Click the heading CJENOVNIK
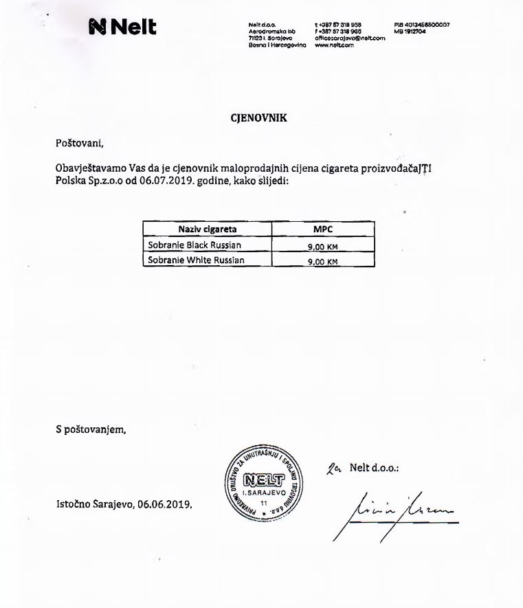[258, 117]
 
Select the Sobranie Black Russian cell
[195, 245]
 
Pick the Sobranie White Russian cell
[196, 260]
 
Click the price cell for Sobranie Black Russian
[323, 246]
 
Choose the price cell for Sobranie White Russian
[323, 262]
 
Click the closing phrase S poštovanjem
[91, 430]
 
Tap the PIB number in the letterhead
[422, 24]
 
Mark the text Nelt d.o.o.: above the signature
[374, 468]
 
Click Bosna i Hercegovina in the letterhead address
[271, 45]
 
